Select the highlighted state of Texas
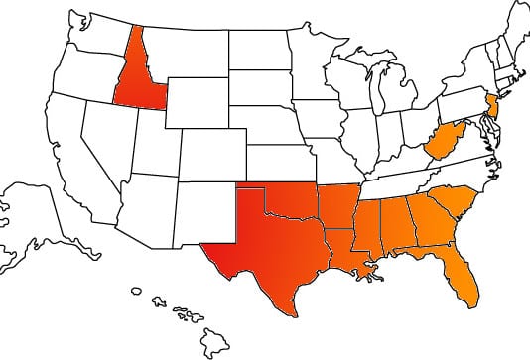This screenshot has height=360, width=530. click(268, 248)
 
